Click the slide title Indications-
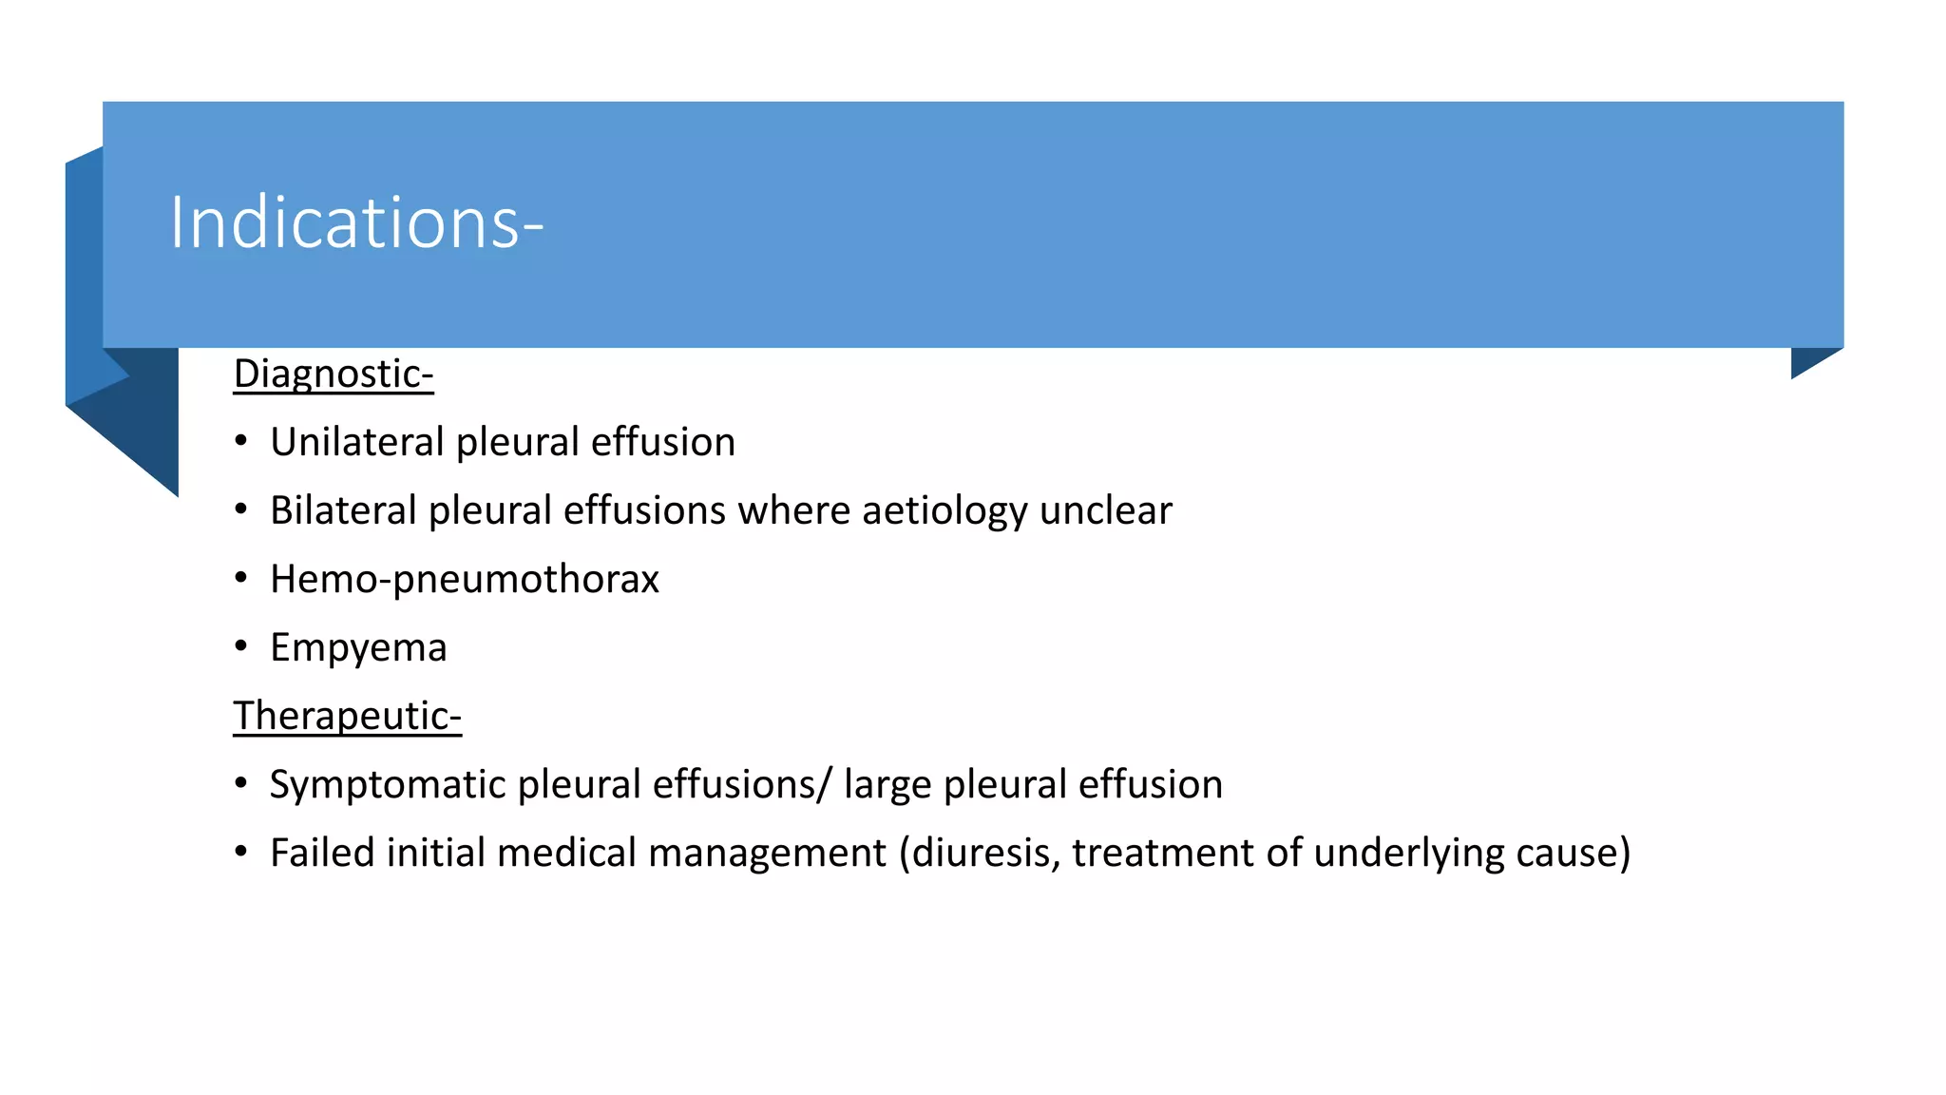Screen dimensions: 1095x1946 click(x=356, y=222)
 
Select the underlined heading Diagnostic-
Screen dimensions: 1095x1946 click(x=334, y=374)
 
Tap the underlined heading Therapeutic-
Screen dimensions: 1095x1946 click(x=347, y=716)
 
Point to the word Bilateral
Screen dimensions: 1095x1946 click(x=343, y=510)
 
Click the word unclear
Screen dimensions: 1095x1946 click(x=1106, y=510)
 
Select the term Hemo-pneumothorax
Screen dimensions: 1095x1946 click(x=465, y=579)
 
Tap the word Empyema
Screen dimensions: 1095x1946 click(x=358, y=647)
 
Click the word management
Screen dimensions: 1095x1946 click(x=767, y=853)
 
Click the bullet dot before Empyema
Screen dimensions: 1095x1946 click(x=241, y=647)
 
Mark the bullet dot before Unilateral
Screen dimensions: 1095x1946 click(x=241, y=442)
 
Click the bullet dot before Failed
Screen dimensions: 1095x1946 click(x=241, y=853)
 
